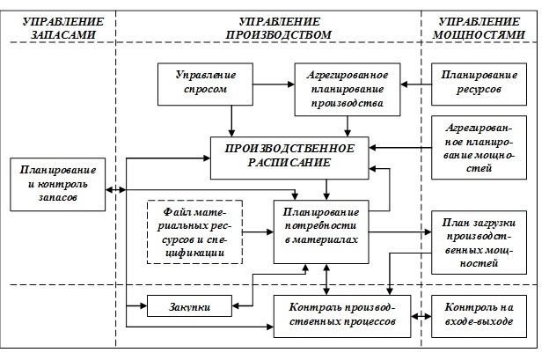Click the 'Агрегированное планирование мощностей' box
pos(477,147)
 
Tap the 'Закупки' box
pos(190,306)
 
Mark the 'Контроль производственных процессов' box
pos(338,314)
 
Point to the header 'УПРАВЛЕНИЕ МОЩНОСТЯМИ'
pos(479,26)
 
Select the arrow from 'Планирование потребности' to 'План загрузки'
pos(405,231)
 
